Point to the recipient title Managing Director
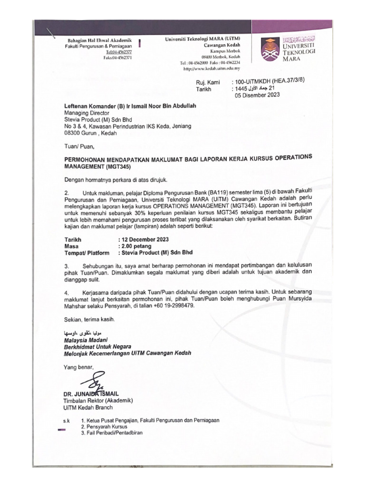tap(86, 113)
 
